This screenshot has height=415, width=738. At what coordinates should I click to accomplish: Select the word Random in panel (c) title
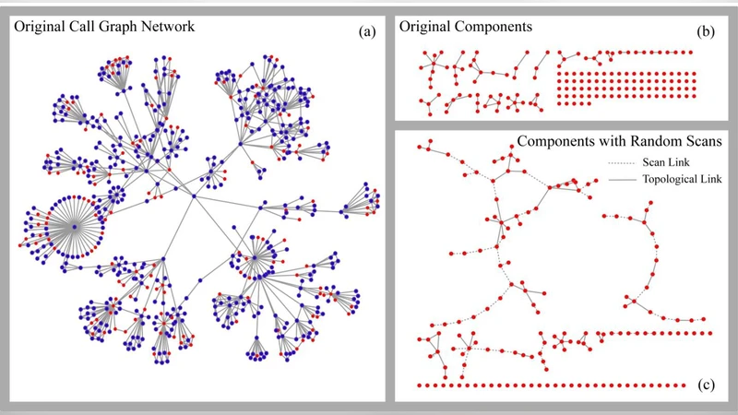click(650, 143)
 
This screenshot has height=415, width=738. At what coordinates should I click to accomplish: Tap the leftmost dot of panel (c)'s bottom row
click(420, 385)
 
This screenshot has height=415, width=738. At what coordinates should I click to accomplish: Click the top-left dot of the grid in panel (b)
click(559, 74)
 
